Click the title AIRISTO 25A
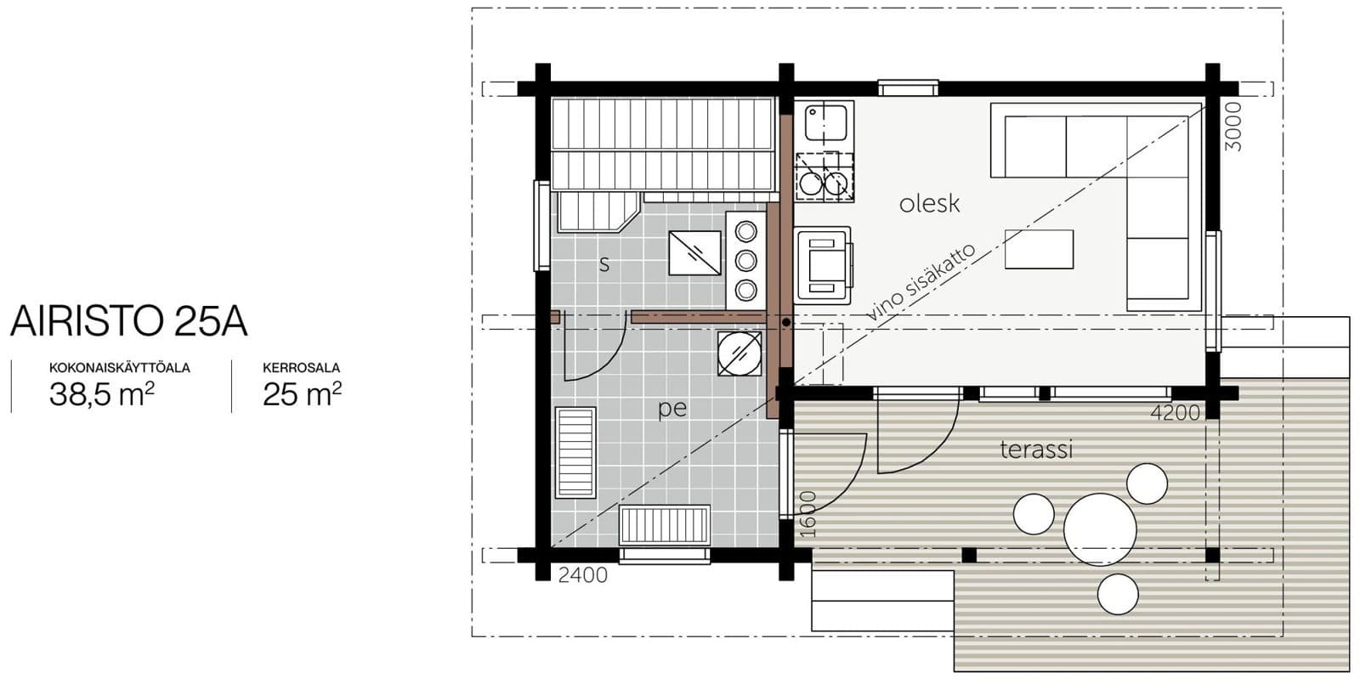coord(128,321)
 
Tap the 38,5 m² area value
coord(101,394)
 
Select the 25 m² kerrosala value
coord(302,394)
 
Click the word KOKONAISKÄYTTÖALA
coord(120,368)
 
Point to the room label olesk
coord(930,204)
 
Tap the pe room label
coord(672,409)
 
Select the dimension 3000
coord(1233,127)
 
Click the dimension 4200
coord(1176,413)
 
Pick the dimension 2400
coord(583,574)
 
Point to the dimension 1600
coord(807,514)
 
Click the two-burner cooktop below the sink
coord(824,178)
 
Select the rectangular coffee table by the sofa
coord(1039,249)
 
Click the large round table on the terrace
coord(1100,529)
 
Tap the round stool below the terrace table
coord(1118,594)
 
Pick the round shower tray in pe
coord(739,353)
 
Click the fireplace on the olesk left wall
coord(824,265)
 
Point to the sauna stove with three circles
coord(746,261)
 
